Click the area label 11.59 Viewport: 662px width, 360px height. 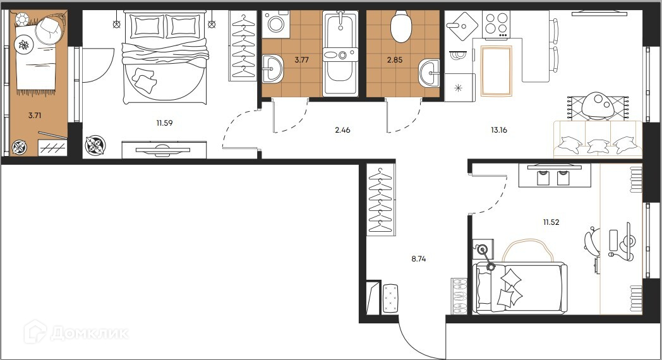tap(164, 123)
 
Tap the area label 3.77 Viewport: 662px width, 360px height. tap(301, 60)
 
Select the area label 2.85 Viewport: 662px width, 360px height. tap(395, 60)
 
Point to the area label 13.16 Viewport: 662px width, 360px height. tap(498, 130)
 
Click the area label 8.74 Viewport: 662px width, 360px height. tap(418, 259)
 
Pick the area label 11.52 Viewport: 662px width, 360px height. tap(551, 222)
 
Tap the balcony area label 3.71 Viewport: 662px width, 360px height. tap(35, 115)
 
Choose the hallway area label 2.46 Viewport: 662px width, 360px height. tap(342, 130)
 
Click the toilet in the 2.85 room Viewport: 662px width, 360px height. tap(400, 26)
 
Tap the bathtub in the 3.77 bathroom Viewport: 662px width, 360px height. tap(340, 54)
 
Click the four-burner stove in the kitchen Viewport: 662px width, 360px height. tap(496, 24)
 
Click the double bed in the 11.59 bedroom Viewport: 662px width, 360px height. tap(165, 58)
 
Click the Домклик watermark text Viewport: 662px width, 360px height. tap(90, 333)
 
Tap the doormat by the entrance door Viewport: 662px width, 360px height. tap(390, 298)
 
